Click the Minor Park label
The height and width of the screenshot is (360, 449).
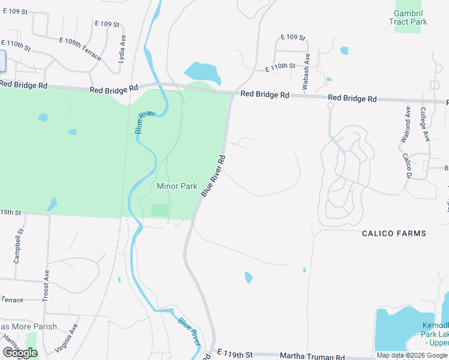click(x=176, y=187)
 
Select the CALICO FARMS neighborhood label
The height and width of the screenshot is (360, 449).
click(x=394, y=233)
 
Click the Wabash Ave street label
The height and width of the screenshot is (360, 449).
click(x=306, y=72)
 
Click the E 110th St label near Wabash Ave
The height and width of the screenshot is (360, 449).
click(x=280, y=67)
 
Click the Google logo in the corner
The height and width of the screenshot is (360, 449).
click(x=20, y=353)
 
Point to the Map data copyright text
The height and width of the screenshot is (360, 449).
click(x=412, y=355)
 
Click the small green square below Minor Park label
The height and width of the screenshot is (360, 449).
click(x=160, y=210)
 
